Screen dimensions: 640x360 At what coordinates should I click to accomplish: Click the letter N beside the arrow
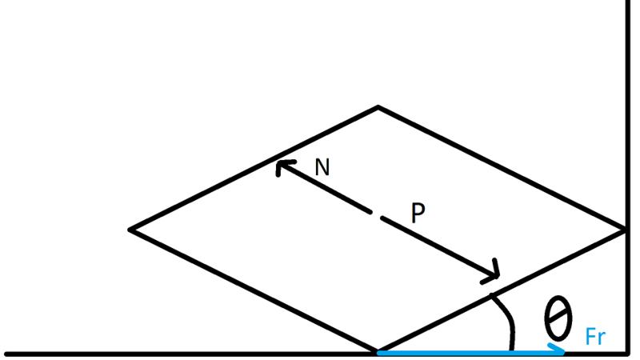[322, 167]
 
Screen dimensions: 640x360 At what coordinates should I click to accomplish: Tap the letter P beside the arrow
[418, 213]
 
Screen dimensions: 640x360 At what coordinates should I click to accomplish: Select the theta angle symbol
[558, 318]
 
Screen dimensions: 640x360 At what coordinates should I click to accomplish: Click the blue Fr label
[595, 337]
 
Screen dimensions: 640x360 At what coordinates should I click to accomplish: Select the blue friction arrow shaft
[470, 352]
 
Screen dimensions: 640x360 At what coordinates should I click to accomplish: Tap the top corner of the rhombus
[378, 107]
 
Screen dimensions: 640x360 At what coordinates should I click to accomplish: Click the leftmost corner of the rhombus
[130, 230]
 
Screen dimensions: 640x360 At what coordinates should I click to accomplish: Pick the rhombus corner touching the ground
[377, 351]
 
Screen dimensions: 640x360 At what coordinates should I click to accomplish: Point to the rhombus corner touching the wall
[625, 230]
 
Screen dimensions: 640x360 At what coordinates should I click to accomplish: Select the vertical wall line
[628, 177]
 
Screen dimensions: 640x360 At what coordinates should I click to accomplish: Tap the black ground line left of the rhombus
[190, 354]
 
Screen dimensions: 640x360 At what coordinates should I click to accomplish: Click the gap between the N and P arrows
[376, 215]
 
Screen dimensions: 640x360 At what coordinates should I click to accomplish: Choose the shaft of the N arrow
[325, 188]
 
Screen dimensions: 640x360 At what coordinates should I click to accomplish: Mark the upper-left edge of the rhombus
[254, 169]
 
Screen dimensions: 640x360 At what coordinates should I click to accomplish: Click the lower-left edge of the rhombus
[253, 290]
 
